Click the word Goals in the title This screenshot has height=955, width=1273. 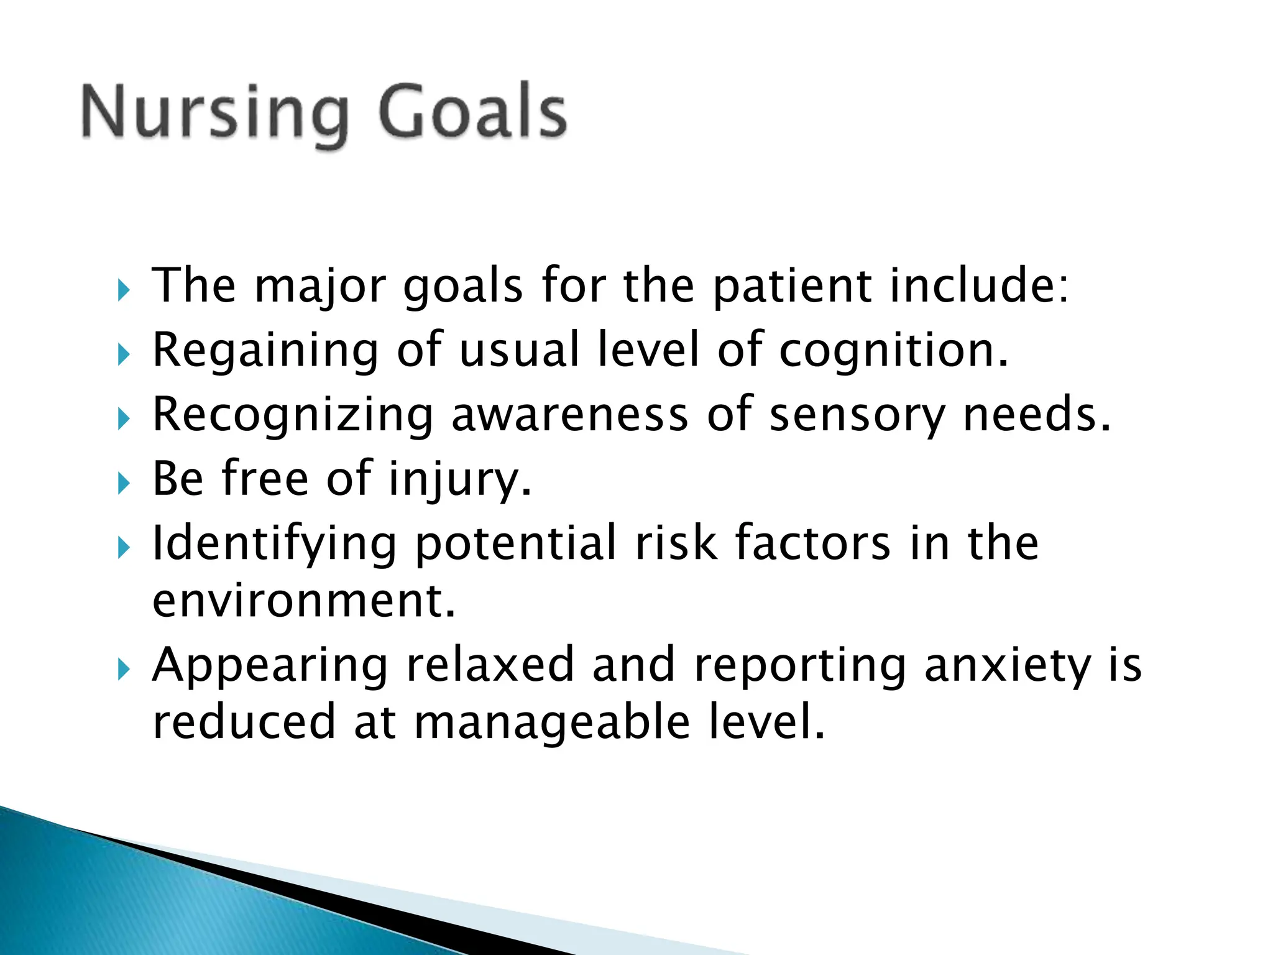point(472,112)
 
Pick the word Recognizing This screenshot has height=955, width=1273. point(293,415)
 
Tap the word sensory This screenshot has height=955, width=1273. point(857,415)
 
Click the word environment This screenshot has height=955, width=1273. point(304,601)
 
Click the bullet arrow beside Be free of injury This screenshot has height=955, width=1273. point(124,482)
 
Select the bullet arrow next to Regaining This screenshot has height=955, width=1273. point(124,354)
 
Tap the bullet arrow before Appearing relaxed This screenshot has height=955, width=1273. point(124,670)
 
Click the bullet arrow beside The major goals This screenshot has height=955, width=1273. point(124,290)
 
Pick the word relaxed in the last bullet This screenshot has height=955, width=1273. point(490,665)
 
